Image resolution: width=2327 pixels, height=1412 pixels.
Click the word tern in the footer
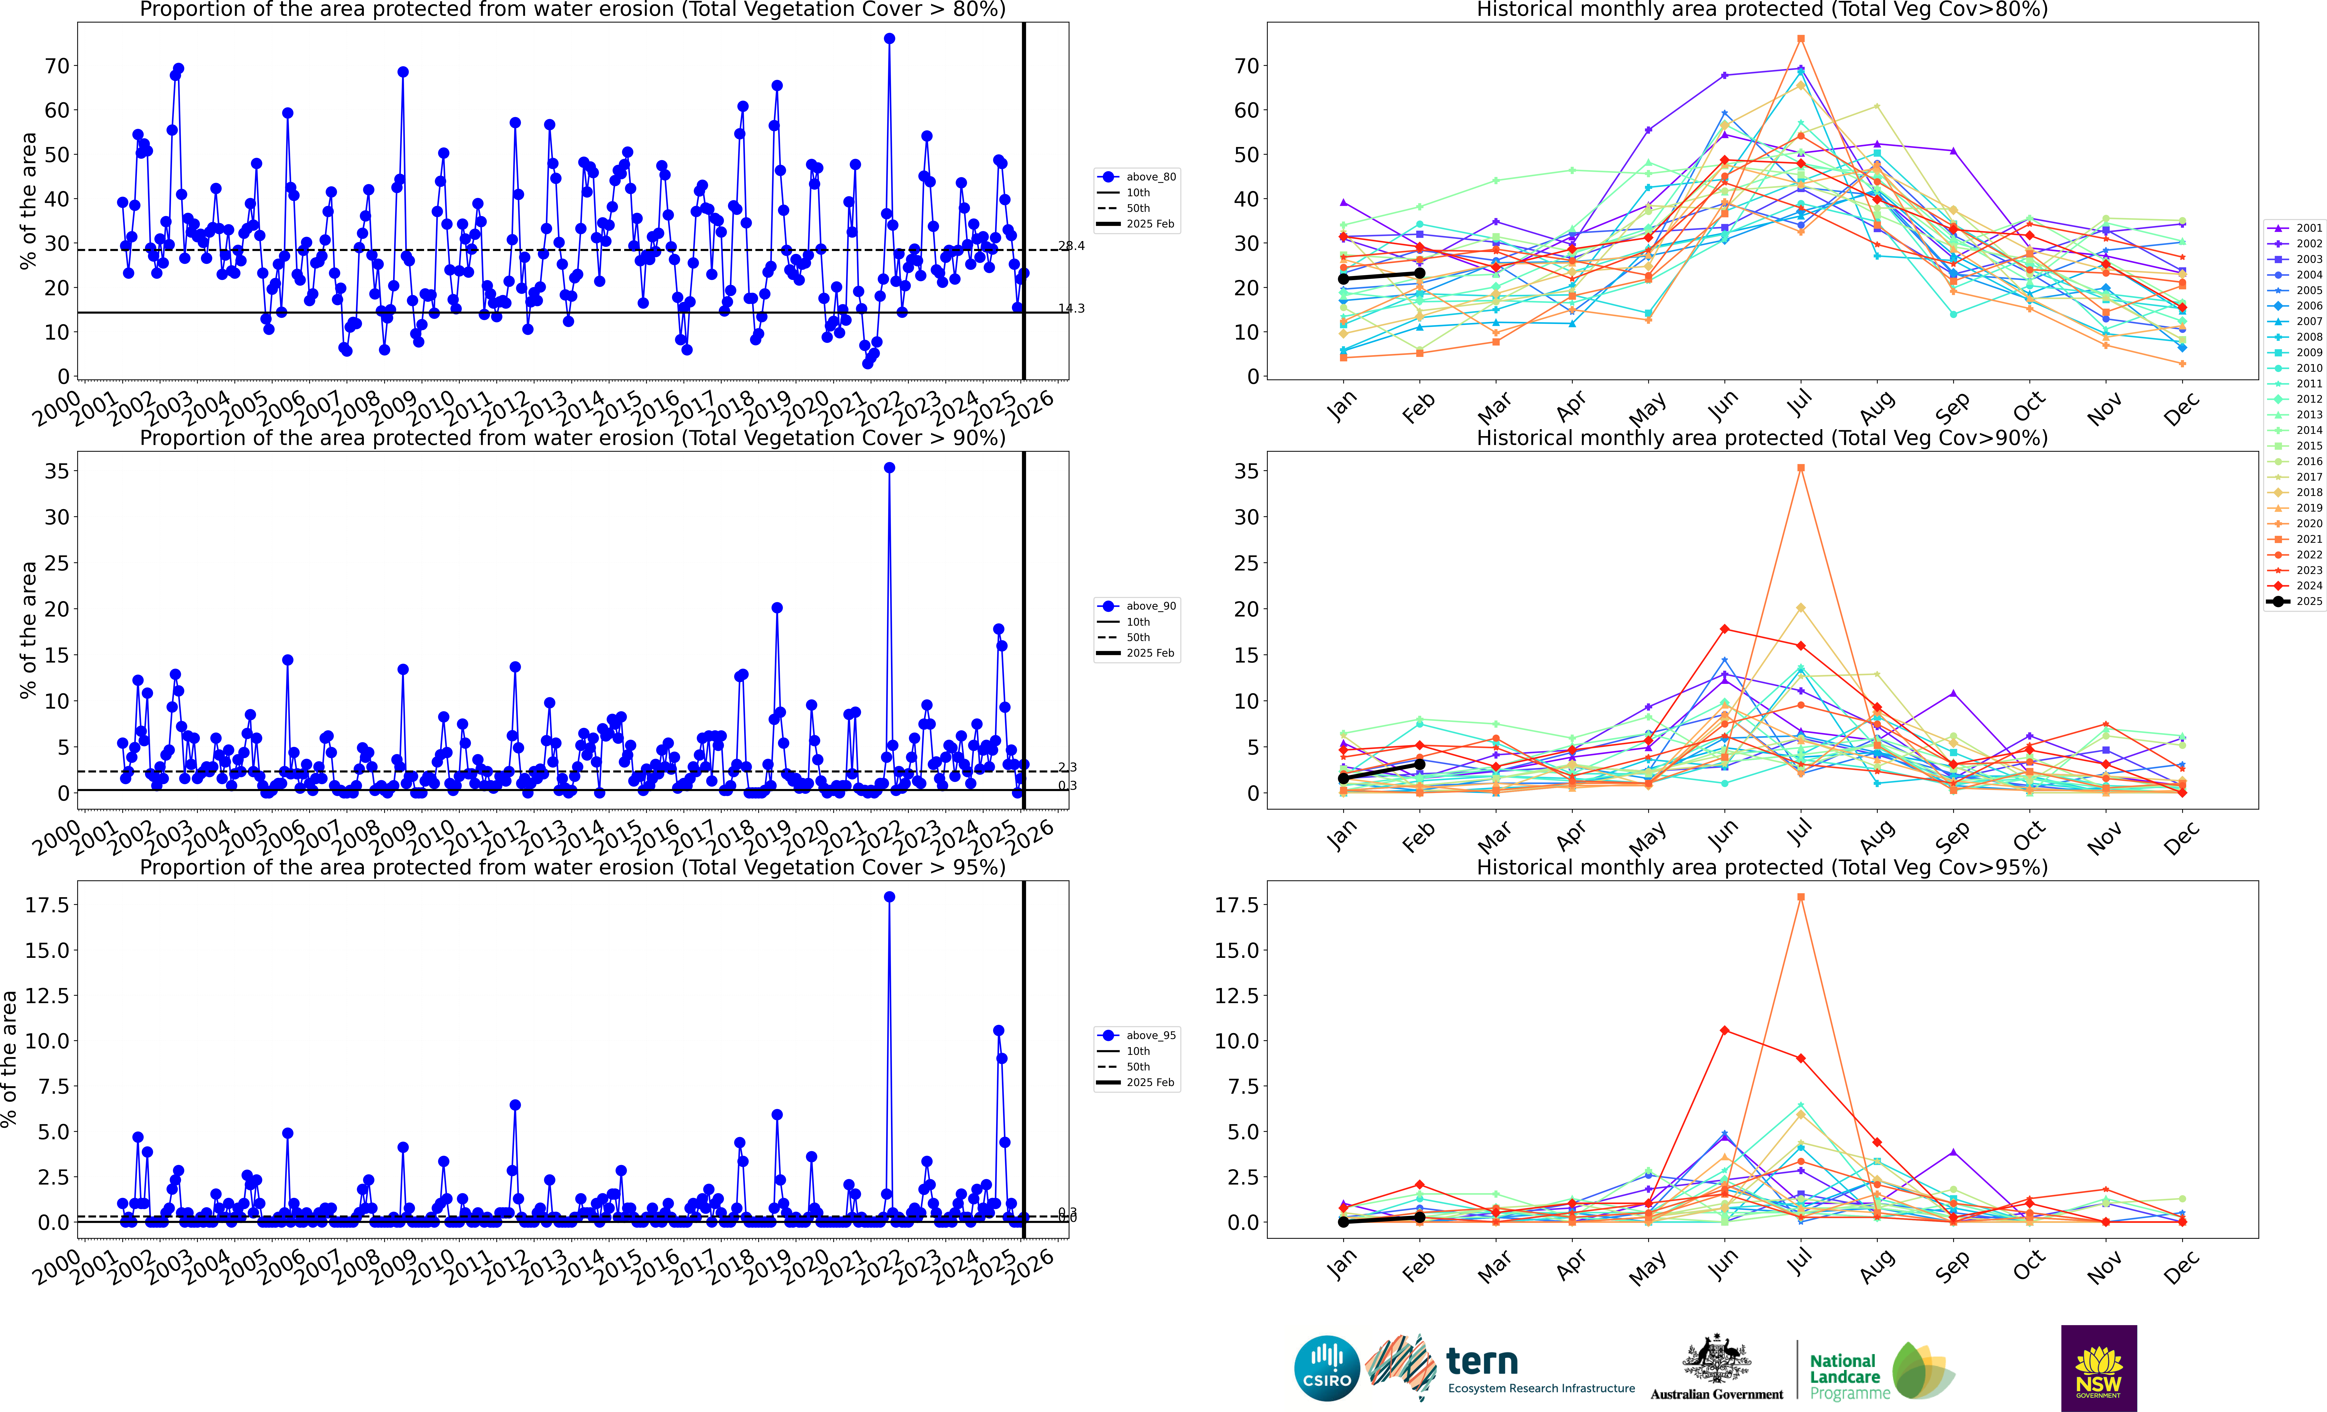point(1482,1362)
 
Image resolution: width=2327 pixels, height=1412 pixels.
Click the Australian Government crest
point(1716,1360)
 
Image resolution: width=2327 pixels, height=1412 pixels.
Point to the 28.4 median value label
point(1071,246)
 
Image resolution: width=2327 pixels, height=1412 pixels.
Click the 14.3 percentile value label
point(1071,308)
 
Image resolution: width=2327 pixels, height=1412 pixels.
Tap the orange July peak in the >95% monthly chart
point(1801,897)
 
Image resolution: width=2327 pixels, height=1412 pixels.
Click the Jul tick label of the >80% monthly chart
point(1801,404)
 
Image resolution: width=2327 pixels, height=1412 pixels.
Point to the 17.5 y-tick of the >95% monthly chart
point(1235,905)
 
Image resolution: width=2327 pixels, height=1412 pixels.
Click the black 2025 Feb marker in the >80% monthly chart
point(1419,274)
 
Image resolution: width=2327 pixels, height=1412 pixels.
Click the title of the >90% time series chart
point(572,438)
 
